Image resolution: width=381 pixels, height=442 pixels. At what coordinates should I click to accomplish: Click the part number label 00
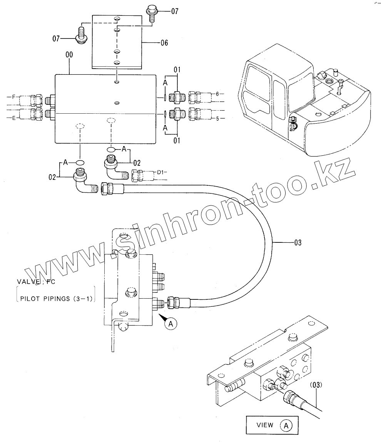click(69, 55)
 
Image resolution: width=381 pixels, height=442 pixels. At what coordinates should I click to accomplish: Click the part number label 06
click(164, 43)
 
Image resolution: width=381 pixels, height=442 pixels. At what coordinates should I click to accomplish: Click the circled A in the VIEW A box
click(286, 425)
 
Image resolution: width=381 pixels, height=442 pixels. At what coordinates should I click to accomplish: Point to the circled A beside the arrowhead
click(171, 324)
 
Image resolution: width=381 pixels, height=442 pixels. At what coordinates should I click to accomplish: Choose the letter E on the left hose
click(14, 118)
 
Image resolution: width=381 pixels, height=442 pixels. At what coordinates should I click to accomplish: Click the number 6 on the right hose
click(217, 94)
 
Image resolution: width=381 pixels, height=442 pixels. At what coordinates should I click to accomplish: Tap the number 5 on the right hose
click(217, 119)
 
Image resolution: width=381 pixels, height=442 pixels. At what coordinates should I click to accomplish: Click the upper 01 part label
click(177, 70)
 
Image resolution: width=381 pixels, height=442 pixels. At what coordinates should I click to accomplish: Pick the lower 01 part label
click(177, 141)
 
